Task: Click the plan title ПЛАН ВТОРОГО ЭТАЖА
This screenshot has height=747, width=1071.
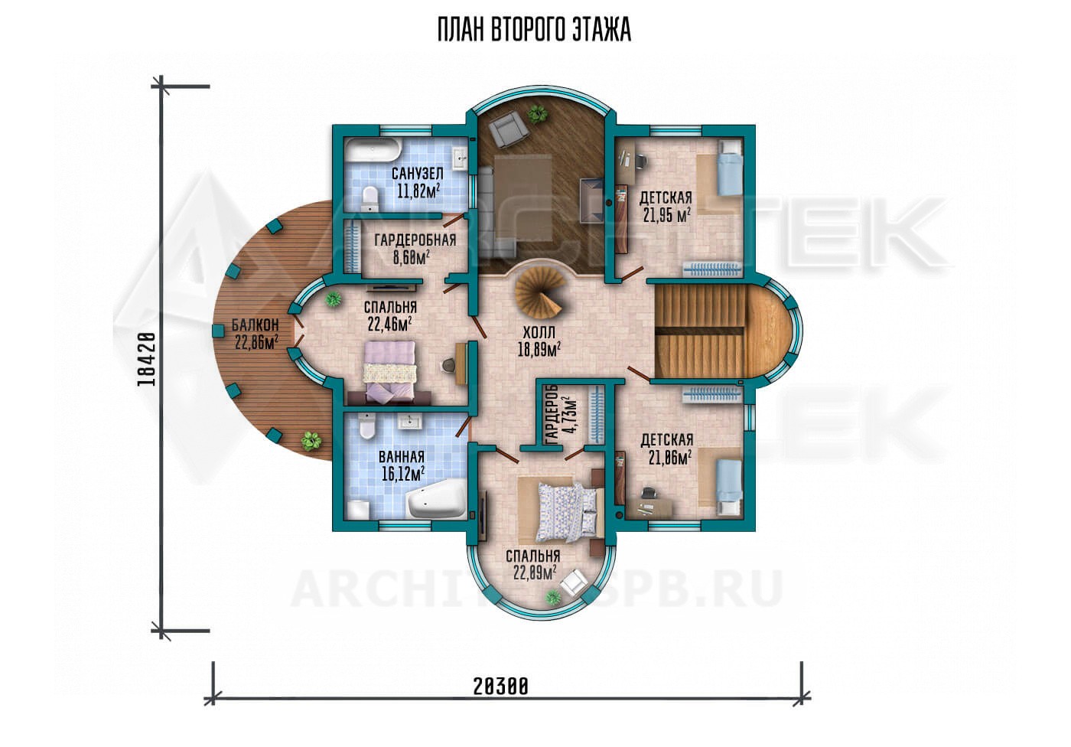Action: pos(534,30)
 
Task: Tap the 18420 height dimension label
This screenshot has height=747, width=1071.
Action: pos(146,359)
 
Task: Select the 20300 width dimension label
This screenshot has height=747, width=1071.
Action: pos(501,687)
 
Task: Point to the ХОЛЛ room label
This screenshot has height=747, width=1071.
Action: pos(539,332)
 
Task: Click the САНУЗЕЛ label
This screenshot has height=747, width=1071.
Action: pos(418,173)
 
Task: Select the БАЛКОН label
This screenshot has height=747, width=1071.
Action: pos(255,326)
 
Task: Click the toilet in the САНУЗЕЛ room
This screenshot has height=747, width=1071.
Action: pos(369,198)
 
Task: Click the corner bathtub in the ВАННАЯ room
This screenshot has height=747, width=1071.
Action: pos(436,499)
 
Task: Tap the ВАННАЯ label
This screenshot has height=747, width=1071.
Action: pos(402,457)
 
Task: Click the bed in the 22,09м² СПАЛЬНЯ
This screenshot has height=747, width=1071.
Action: pos(568,512)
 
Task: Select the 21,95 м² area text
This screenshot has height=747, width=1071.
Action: pos(666,216)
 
